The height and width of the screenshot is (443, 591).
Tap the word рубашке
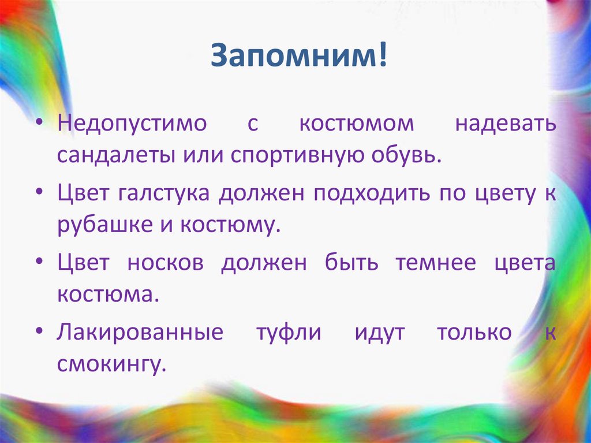tap(95, 225)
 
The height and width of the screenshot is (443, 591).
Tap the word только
tap(474, 333)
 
